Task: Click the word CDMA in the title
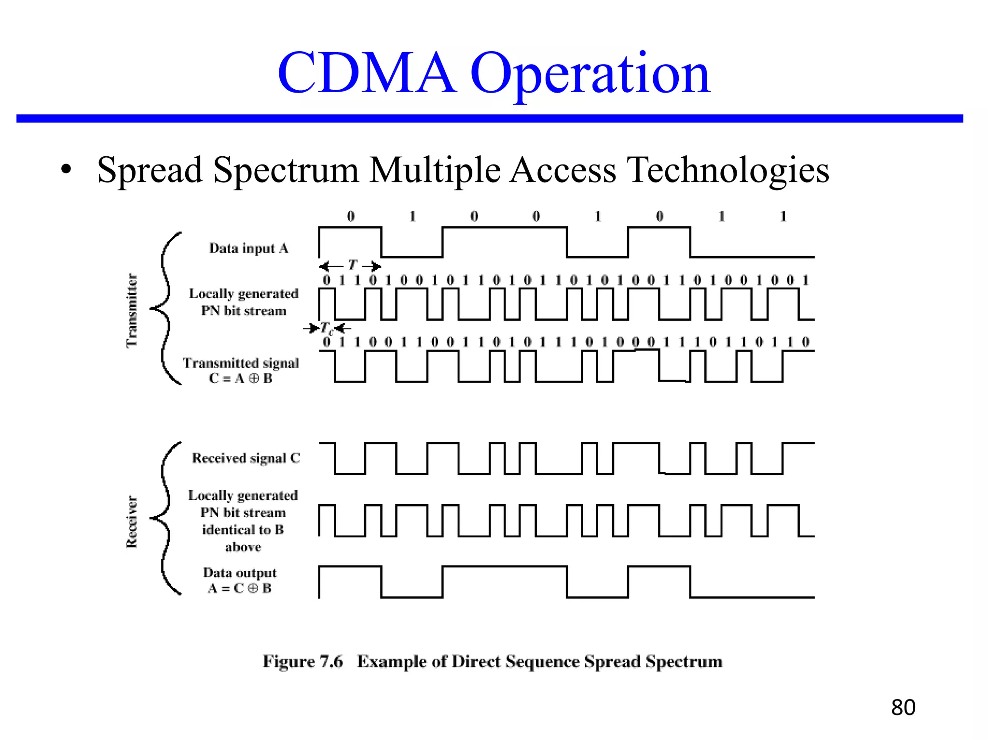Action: click(367, 73)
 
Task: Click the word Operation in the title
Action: click(590, 75)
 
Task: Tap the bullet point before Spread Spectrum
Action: click(66, 169)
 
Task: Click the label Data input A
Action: click(248, 248)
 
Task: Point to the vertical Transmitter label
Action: click(132, 310)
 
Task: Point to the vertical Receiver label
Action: click(132, 521)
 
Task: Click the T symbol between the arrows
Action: click(353, 265)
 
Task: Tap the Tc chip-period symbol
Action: click(327, 329)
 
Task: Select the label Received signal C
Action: click(246, 458)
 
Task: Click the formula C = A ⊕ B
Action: click(241, 379)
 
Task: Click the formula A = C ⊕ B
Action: click(240, 589)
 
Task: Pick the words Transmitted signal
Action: click(241, 363)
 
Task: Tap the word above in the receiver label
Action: click(243, 547)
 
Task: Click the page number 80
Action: click(903, 708)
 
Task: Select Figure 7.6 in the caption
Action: click(302, 661)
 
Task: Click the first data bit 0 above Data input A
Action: click(351, 216)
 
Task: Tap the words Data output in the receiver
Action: click(240, 573)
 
